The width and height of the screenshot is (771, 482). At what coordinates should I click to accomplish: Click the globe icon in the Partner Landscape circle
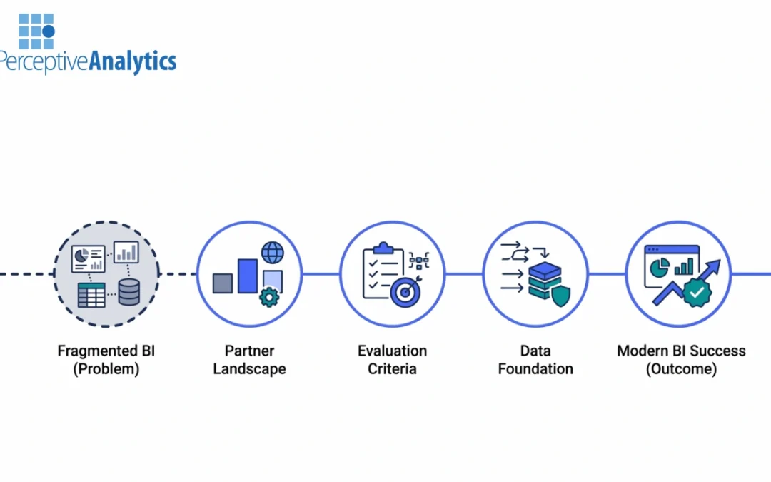[272, 253]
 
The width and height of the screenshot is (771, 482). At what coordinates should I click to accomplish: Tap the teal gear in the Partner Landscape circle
[269, 296]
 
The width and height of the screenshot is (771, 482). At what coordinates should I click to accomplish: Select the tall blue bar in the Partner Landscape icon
[248, 276]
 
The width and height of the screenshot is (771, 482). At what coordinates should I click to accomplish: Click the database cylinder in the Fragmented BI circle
[128, 293]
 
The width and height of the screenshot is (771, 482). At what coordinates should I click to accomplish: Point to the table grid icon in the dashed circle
[91, 294]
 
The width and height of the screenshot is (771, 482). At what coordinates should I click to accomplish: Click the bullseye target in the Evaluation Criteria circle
[405, 293]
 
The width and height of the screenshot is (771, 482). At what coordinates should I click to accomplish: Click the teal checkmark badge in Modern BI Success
[697, 293]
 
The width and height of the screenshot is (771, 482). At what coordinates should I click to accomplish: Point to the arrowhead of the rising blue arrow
[715, 265]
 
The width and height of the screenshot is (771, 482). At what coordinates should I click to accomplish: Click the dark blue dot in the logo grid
[49, 31]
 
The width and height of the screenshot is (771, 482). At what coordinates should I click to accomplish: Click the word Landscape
[249, 369]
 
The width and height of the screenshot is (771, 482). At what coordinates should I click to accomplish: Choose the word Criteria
[392, 369]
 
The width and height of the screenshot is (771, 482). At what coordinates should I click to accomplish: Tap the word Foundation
[535, 369]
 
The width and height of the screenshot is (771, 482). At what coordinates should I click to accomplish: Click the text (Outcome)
[681, 369]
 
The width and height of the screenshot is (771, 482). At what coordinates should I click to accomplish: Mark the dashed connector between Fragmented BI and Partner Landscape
[178, 273]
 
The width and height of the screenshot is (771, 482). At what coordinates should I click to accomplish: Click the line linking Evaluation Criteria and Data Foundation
[463, 273]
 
